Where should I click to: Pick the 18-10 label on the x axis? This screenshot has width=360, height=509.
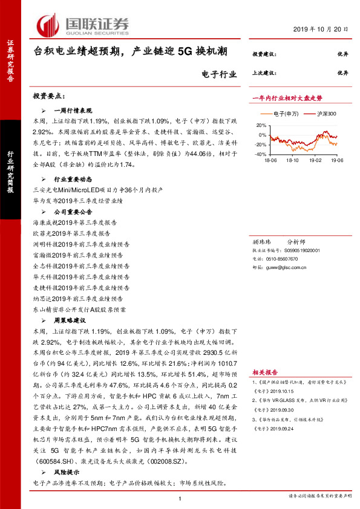click(293, 161)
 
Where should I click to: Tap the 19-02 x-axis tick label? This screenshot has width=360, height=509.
click(315, 161)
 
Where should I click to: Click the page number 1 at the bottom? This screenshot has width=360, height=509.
click(180, 498)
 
